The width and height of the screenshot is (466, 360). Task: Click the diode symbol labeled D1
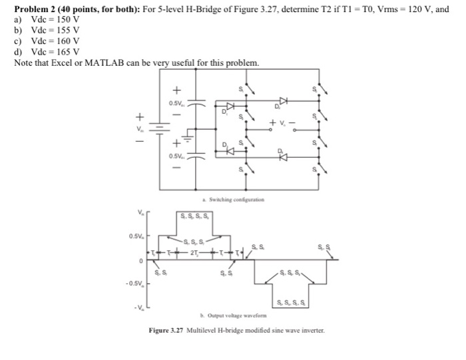tap(231, 105)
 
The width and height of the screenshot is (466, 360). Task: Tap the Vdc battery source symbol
tap(158, 128)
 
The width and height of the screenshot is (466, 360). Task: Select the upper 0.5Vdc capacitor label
tap(177, 102)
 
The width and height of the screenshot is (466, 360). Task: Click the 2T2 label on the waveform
tap(194, 254)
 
